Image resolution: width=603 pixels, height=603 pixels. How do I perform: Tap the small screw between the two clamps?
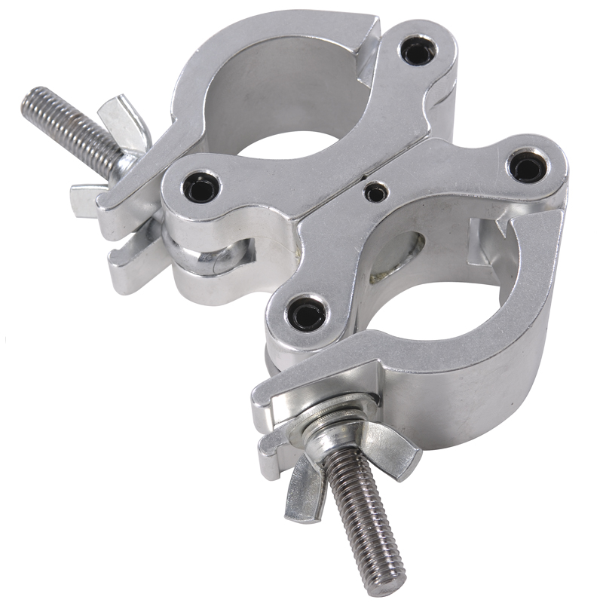pyautogui.click(x=375, y=192)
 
